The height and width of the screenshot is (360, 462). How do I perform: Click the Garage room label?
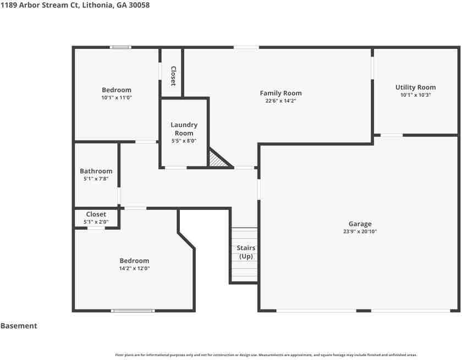360,224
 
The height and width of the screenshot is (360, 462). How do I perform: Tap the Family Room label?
280,93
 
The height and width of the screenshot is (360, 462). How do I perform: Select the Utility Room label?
415,87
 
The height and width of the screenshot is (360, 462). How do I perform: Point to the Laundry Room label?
184,129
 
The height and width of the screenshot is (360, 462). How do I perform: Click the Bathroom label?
96,171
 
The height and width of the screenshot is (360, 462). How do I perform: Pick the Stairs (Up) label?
246,252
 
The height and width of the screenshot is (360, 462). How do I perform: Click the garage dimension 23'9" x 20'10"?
360,231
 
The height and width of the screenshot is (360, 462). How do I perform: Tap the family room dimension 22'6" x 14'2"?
280,101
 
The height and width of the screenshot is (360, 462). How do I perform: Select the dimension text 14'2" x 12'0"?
134,268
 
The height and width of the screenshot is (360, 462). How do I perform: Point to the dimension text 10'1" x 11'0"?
117,97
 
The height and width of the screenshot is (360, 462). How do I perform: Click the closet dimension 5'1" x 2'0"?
96,221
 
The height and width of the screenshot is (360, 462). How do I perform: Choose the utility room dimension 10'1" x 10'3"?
415,95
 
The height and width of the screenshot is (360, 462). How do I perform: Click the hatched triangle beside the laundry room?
218,159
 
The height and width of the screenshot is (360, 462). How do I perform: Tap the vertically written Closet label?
173,76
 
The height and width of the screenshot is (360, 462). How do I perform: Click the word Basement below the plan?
19,325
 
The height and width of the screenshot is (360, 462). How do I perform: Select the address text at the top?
75,5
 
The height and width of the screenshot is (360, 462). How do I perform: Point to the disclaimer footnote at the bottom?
266,355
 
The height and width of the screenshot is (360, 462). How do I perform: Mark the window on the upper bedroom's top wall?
120,47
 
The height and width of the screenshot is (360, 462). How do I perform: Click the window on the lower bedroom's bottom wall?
133,311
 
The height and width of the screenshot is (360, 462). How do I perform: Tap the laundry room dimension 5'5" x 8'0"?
184,141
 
